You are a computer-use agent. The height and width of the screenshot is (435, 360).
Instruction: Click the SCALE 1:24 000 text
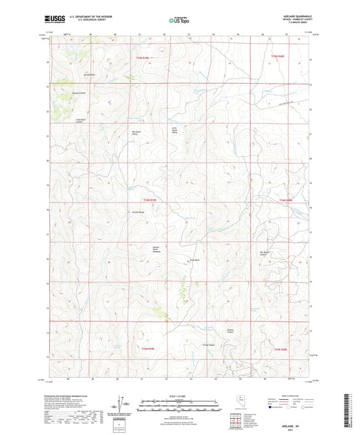pyautogui.click(x=180, y=394)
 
